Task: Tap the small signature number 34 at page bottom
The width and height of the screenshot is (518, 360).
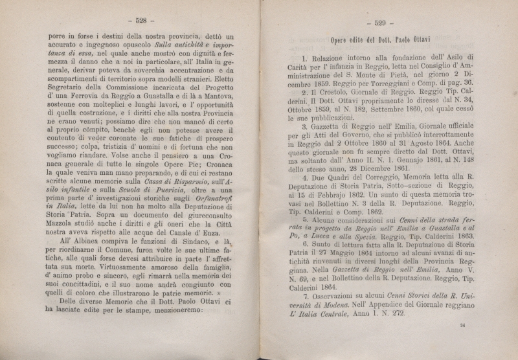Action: point(462,343)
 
